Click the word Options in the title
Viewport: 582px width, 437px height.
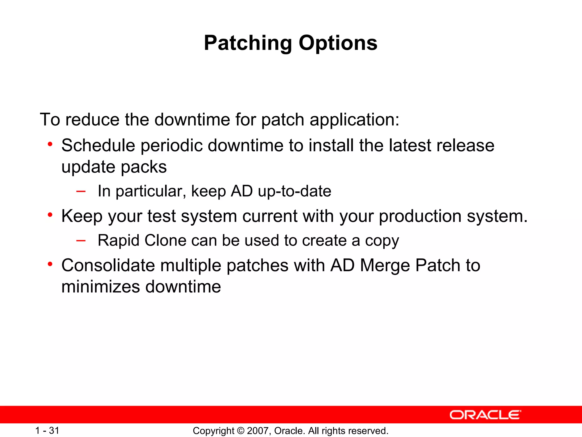(x=338, y=43)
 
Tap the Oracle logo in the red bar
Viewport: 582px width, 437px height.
(x=485, y=415)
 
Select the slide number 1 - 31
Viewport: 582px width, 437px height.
(x=47, y=430)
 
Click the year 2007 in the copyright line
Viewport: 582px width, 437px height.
(x=257, y=431)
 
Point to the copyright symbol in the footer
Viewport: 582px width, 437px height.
(x=240, y=431)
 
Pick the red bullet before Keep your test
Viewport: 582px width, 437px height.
(x=50, y=215)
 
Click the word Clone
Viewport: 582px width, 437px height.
(x=165, y=240)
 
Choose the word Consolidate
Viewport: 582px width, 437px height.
(x=108, y=265)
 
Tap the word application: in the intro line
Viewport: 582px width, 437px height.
(x=354, y=119)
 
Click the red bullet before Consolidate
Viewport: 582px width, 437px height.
(x=50, y=264)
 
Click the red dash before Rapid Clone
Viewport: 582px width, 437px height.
(x=81, y=240)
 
